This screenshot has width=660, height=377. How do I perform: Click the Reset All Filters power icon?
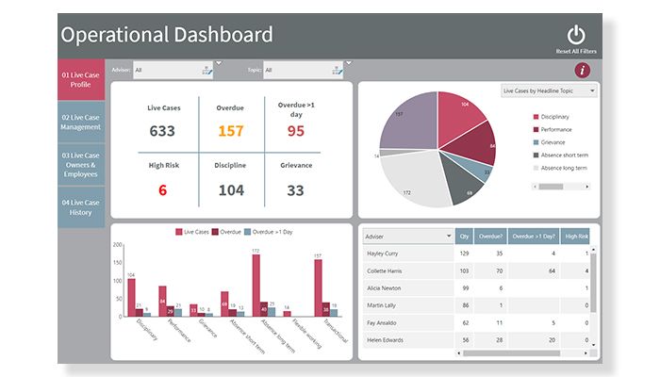click(576, 35)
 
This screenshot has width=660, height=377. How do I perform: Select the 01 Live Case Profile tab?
click(80, 78)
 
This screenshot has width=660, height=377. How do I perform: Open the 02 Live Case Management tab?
click(80, 122)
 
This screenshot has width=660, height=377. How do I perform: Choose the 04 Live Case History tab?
click(80, 206)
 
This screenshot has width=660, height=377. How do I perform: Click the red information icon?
click(583, 70)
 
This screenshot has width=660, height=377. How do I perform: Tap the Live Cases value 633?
click(162, 131)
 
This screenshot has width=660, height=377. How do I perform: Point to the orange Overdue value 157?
click(231, 131)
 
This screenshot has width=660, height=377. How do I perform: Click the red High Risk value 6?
click(162, 190)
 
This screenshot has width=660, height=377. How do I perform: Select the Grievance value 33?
click(295, 190)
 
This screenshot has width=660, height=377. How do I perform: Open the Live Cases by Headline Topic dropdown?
click(549, 91)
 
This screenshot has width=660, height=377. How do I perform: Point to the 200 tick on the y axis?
click(118, 245)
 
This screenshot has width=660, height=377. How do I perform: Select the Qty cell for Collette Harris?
click(464, 270)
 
